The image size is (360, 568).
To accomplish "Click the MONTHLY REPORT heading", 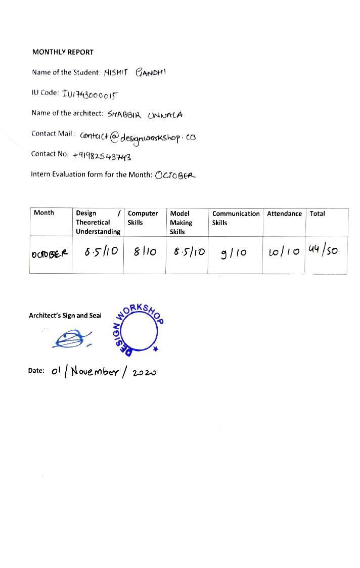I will [x=63, y=52].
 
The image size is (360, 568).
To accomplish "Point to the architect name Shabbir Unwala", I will [x=145, y=115].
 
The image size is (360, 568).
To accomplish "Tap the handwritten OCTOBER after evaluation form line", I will [x=175, y=176].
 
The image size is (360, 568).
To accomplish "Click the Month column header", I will [x=44, y=213].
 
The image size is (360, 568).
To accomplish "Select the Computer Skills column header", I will [x=143, y=218].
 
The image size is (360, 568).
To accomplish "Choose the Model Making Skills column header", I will [x=181, y=223].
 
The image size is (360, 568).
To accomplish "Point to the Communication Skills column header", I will [x=236, y=218].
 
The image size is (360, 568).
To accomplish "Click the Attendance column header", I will [x=284, y=213].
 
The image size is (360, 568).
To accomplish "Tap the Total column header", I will [x=317, y=213].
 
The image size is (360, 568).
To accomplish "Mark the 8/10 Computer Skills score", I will [x=145, y=251].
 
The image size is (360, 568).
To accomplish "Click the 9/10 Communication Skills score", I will [x=234, y=252].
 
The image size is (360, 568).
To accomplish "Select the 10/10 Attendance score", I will [x=284, y=251].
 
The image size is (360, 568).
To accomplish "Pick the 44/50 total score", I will [x=323, y=249].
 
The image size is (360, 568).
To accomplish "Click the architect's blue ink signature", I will [x=72, y=339].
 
